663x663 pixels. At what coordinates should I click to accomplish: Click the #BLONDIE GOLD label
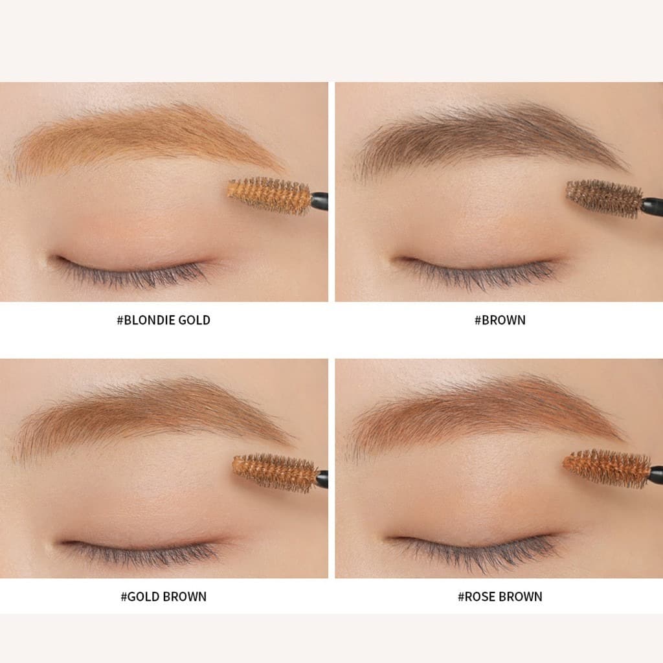164,320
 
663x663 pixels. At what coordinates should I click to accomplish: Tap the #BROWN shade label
500,320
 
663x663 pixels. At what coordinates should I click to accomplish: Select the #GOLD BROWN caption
164,596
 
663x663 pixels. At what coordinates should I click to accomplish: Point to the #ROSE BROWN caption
500,596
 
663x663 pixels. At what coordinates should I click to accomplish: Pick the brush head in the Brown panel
605,198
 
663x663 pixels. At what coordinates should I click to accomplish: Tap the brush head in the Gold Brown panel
275,472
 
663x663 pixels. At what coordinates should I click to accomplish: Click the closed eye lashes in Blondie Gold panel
131,274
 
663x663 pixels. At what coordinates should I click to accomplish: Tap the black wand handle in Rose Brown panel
657,474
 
